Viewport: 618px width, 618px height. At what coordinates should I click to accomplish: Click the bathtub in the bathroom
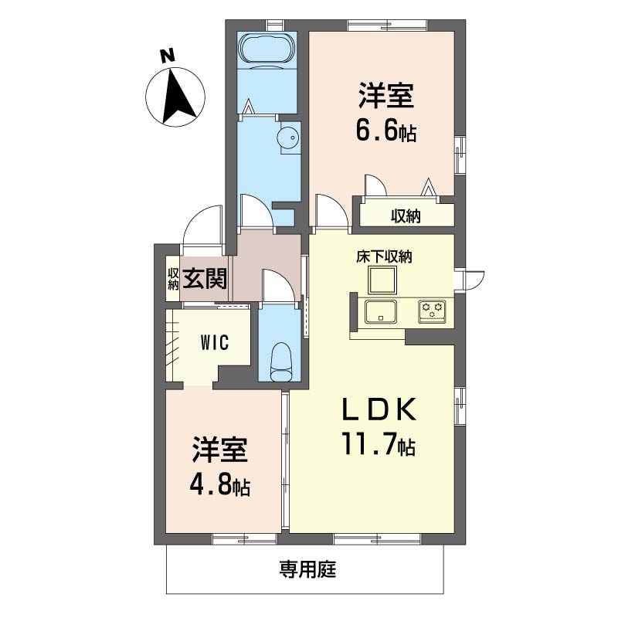(x=267, y=48)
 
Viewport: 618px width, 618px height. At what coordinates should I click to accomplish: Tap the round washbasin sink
(x=288, y=138)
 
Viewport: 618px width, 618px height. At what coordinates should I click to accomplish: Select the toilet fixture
(x=280, y=362)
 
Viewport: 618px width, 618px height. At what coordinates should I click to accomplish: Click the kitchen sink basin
(x=380, y=312)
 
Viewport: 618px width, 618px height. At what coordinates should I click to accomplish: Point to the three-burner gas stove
(x=432, y=311)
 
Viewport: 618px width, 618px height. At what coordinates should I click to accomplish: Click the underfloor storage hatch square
(x=382, y=280)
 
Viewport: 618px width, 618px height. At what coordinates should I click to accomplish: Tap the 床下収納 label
(x=384, y=256)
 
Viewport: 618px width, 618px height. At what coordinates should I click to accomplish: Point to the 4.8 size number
(x=209, y=486)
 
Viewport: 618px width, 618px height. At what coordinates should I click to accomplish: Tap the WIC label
(x=215, y=342)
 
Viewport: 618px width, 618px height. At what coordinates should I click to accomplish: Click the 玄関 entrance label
(x=205, y=279)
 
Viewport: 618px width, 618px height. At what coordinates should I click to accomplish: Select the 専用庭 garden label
(x=307, y=569)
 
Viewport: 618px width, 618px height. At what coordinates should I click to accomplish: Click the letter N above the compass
(x=168, y=56)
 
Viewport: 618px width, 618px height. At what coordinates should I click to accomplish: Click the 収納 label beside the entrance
(x=173, y=279)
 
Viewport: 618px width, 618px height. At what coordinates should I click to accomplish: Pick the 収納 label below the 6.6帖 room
(x=406, y=216)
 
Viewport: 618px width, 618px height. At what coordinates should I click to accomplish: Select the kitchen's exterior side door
(x=474, y=280)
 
